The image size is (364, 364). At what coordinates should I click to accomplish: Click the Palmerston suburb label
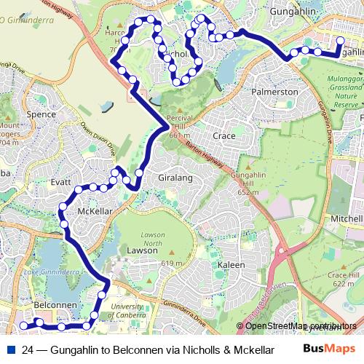(274, 92)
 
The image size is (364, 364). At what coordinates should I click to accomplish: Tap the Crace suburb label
(223, 135)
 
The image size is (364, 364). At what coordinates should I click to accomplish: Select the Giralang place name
(174, 177)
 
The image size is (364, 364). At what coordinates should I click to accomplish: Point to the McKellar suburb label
(94, 212)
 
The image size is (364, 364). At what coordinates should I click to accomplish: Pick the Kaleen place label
(232, 265)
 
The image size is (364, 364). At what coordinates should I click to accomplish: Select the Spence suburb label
(41, 114)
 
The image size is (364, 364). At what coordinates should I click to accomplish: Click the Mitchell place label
(346, 218)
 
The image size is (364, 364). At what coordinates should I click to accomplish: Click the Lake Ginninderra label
(51, 272)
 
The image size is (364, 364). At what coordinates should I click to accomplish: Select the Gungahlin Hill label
(248, 181)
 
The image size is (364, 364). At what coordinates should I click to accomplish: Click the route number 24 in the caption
(28, 349)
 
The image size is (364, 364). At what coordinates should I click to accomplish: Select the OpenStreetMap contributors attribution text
(301, 325)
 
